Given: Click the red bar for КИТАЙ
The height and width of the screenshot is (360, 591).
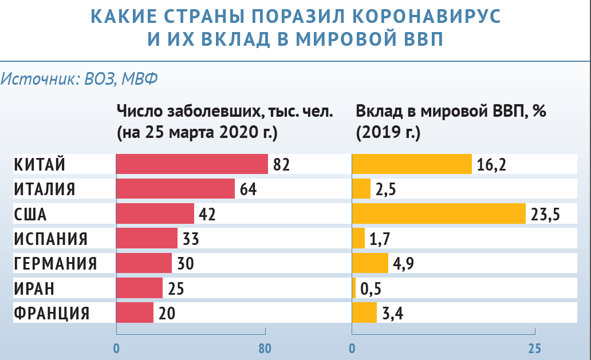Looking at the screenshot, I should click(x=192, y=164).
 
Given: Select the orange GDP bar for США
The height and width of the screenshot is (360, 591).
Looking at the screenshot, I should click(x=439, y=214).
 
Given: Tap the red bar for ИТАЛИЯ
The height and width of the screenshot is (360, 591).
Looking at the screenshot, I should click(x=175, y=189).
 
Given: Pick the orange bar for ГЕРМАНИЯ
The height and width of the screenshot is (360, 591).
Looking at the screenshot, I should click(x=370, y=263).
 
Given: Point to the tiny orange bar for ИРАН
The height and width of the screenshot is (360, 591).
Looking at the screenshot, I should click(x=354, y=288).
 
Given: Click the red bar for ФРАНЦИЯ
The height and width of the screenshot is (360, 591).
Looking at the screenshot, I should click(x=135, y=312).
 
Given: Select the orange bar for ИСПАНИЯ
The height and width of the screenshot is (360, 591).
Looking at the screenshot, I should click(x=358, y=238).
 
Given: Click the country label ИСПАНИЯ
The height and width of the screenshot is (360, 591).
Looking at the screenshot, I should click(x=50, y=239).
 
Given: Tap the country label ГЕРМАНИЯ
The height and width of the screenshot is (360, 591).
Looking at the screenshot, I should click(x=55, y=263).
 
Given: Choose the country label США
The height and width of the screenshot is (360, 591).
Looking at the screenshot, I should click(x=30, y=214).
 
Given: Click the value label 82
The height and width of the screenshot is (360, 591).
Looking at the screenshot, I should click(x=282, y=165).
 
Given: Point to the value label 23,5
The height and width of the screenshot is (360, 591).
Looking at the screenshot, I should click(x=546, y=215).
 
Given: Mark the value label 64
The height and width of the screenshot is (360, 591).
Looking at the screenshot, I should click(x=248, y=189).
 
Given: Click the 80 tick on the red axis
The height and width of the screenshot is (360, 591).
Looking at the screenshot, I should click(x=264, y=347).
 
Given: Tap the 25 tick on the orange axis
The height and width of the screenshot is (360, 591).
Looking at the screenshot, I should click(x=534, y=347).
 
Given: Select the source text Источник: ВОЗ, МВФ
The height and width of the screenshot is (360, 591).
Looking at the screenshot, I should click(x=79, y=78).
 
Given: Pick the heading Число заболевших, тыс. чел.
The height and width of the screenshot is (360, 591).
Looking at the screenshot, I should click(x=224, y=111).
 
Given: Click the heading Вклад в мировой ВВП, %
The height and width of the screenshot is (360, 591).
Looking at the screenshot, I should click(x=451, y=111).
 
